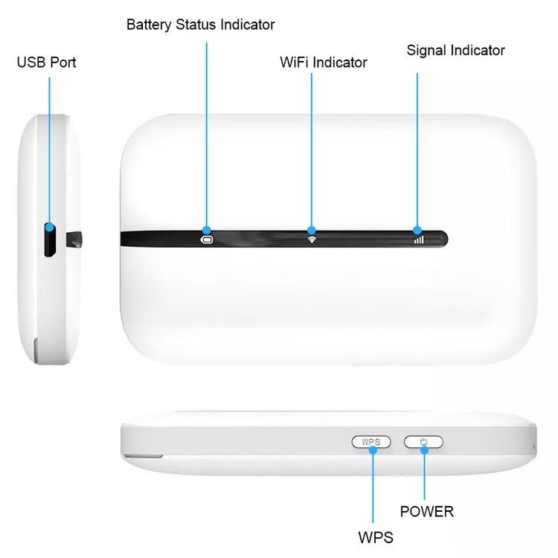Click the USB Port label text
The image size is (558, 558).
click(46, 62)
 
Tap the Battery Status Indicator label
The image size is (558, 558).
click(200, 25)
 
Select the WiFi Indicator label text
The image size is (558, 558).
click(323, 62)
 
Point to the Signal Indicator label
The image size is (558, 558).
click(455, 51)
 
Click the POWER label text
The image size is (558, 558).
click(426, 511)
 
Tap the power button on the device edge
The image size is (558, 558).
click(423, 442)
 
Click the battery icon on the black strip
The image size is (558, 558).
click(206, 240)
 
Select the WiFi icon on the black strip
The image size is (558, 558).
click(311, 240)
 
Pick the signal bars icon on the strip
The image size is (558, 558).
click(418, 240)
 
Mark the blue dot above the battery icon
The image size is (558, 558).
click(206, 230)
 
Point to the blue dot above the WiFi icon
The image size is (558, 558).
click(311, 230)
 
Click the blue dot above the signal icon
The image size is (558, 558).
click(417, 230)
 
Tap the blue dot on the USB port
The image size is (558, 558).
click(50, 227)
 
